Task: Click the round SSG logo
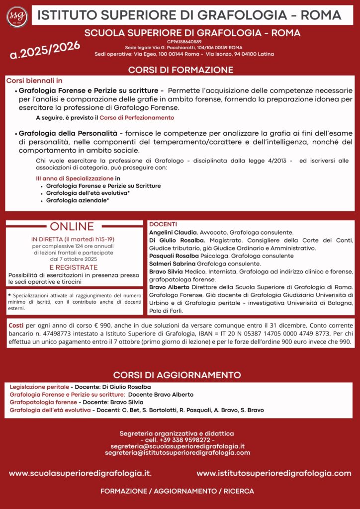pyautogui.click(x=16, y=16)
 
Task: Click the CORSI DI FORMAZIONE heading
pyautogui.click(x=180, y=70)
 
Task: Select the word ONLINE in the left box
pyautogui.click(x=72, y=227)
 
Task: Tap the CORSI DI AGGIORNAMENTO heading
pyautogui.click(x=177, y=375)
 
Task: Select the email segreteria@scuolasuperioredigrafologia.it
pyautogui.click(x=178, y=446)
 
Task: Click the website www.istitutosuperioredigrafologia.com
pyautogui.click(x=273, y=473)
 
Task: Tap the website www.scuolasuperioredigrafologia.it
pyautogui.click(x=80, y=473)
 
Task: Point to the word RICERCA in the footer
pyautogui.click(x=239, y=491)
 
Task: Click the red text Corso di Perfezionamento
pyautogui.click(x=137, y=118)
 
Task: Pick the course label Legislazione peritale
pyautogui.click(x=39, y=387)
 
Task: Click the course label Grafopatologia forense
pyautogui.click(x=43, y=402)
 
